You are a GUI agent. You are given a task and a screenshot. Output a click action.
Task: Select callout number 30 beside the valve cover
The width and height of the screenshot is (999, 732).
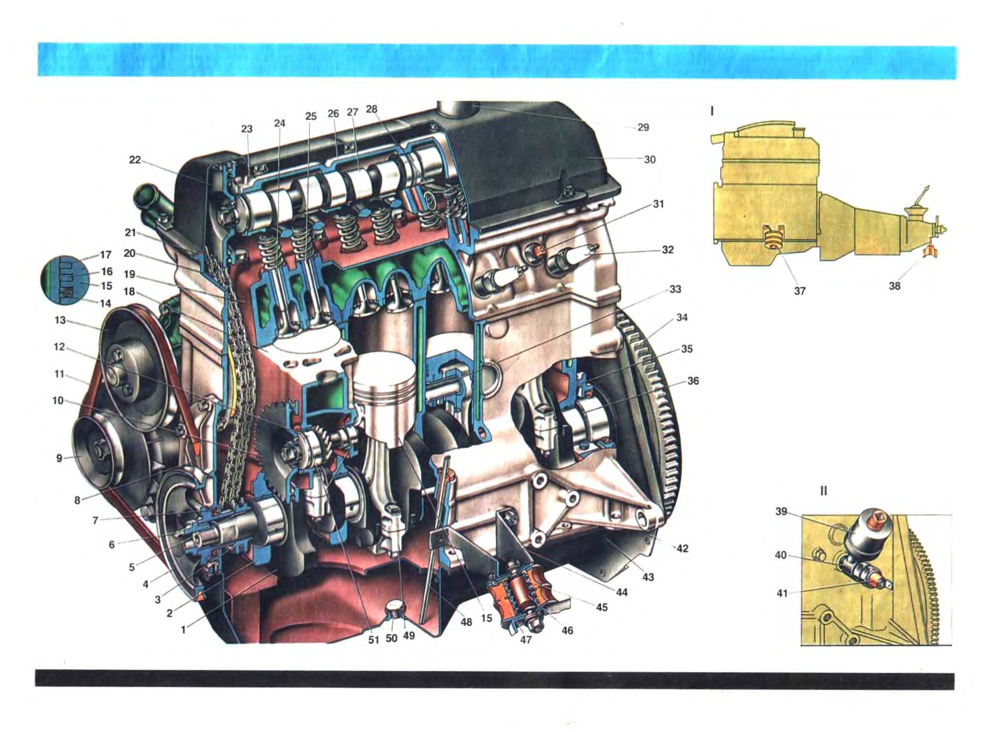(x=649, y=160)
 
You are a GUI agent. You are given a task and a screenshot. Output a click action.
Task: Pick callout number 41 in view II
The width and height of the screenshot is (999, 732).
(x=782, y=593)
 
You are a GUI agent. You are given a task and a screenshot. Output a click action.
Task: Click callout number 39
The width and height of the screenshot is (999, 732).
(x=782, y=512)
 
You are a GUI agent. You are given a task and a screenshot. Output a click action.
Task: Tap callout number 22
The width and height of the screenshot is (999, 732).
(x=135, y=160)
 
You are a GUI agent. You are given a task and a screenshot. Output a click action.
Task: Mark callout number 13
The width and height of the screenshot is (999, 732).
(x=60, y=320)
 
